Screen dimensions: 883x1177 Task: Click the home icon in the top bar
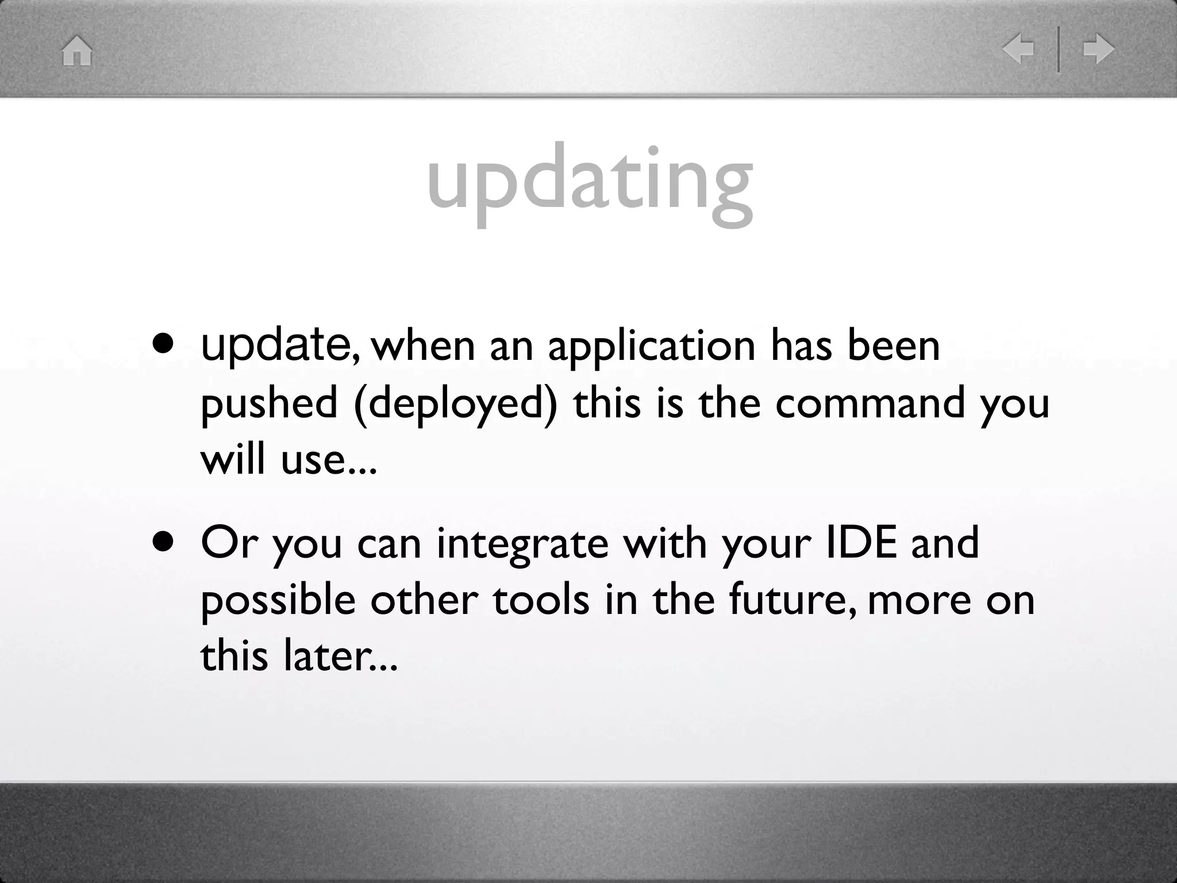[77, 51]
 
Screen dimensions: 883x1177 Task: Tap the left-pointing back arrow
[1018, 49]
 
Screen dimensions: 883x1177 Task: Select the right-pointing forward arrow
[1098, 49]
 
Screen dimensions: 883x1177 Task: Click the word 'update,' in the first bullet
[281, 346]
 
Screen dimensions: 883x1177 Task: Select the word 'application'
[651, 347]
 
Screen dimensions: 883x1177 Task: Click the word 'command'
[870, 402]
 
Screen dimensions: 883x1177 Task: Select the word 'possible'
[278, 600]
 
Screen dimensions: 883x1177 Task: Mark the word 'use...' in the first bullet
[329, 460]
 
